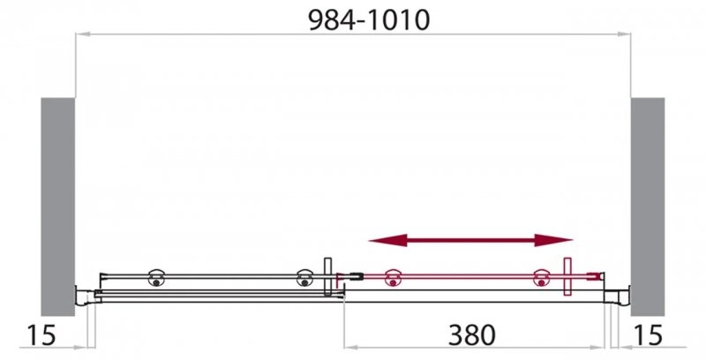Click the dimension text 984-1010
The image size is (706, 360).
[369, 20]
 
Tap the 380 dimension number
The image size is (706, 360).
[471, 334]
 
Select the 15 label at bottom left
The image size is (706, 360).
[41, 335]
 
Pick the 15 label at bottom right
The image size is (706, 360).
[649, 335]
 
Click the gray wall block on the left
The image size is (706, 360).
[57, 206]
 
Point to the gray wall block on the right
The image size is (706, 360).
[648, 206]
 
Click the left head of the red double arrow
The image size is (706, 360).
[387, 240]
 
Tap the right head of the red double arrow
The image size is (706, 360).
[553, 240]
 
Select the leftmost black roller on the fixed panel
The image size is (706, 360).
[156, 278]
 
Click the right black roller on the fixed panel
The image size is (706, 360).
[304, 278]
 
